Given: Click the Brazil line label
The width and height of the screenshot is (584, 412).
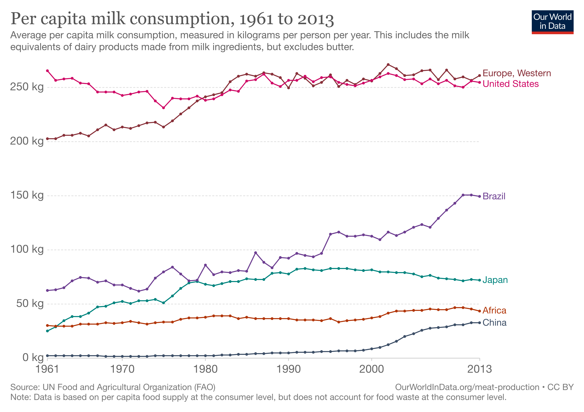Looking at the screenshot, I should [x=494, y=196].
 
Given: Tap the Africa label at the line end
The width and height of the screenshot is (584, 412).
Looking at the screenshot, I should [x=494, y=310].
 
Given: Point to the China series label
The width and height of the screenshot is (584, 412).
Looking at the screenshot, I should [x=494, y=323].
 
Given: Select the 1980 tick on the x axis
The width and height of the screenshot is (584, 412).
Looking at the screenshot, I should [x=205, y=369].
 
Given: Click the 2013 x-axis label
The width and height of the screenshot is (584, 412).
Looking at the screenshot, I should [x=479, y=369].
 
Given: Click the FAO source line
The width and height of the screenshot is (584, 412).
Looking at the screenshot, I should [x=113, y=387].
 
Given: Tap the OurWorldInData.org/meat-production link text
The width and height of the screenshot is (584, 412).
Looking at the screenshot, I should [x=467, y=387].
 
